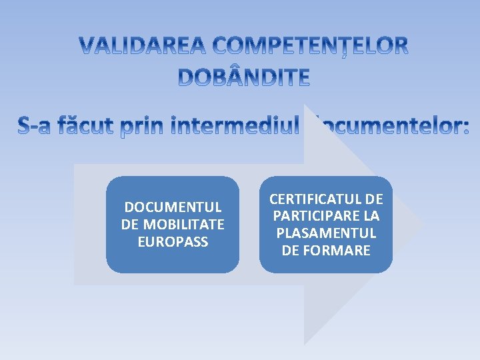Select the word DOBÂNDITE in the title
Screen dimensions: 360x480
pyautogui.click(x=244, y=78)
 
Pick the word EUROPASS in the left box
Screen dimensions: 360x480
pyautogui.click(x=173, y=241)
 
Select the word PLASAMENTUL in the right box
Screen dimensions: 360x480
pyautogui.click(x=326, y=234)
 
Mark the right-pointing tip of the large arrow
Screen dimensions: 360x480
pyautogui.click(x=424, y=224)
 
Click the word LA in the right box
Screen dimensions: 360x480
pyautogui.click(x=371, y=217)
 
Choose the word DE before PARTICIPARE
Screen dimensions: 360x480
pyautogui.click(x=375, y=199)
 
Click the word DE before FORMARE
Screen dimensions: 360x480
pyautogui.click(x=290, y=251)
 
